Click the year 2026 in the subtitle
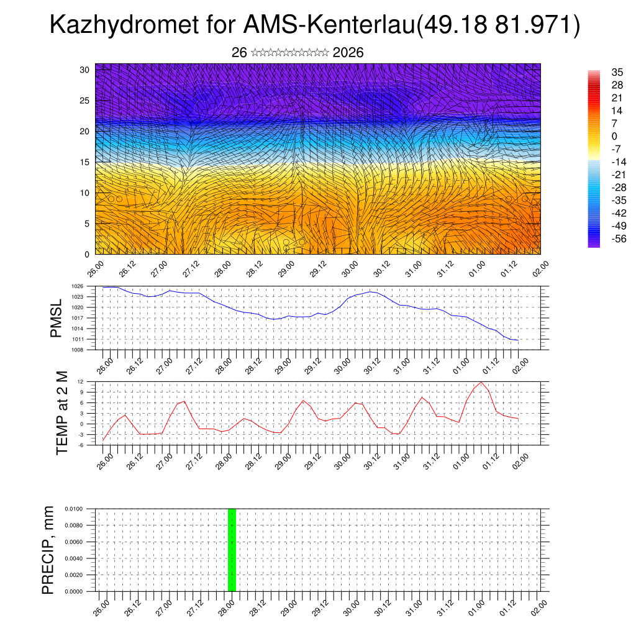[348, 53]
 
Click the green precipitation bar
[232, 550]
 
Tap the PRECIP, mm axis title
[49, 550]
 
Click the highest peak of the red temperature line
[481, 381]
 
